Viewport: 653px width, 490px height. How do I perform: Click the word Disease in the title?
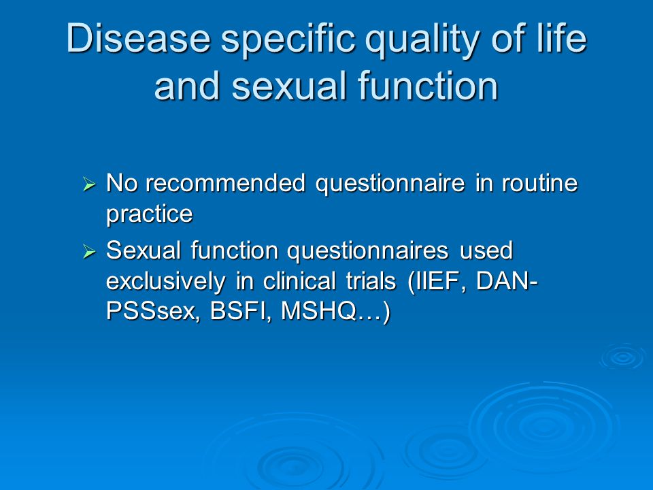(138, 38)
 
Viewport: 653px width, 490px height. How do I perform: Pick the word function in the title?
(428, 86)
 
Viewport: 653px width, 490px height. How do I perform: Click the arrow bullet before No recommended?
(90, 184)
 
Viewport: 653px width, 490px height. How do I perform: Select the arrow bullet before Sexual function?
(90, 251)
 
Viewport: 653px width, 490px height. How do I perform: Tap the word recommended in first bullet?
(226, 183)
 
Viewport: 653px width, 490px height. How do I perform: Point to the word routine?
(539, 183)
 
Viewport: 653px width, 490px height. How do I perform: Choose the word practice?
(150, 215)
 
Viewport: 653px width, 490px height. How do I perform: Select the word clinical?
(299, 281)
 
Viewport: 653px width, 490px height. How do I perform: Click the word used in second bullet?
(486, 250)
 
